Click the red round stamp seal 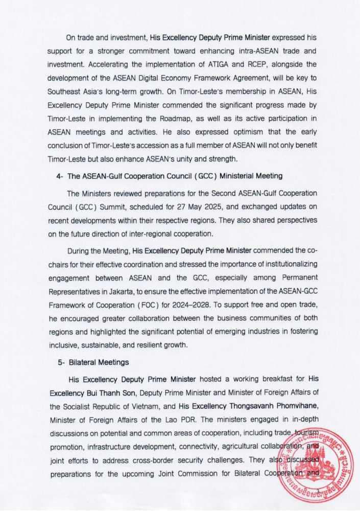coord(319,462)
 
